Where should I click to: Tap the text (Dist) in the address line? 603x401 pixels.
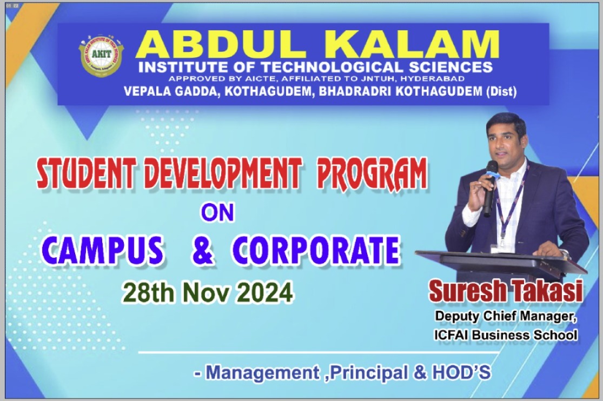click(501, 91)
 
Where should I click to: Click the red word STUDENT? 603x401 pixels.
click(86, 174)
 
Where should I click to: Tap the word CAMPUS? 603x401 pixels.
click(102, 250)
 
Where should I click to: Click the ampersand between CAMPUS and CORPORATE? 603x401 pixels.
click(202, 250)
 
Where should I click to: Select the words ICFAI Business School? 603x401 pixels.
click(506, 335)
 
